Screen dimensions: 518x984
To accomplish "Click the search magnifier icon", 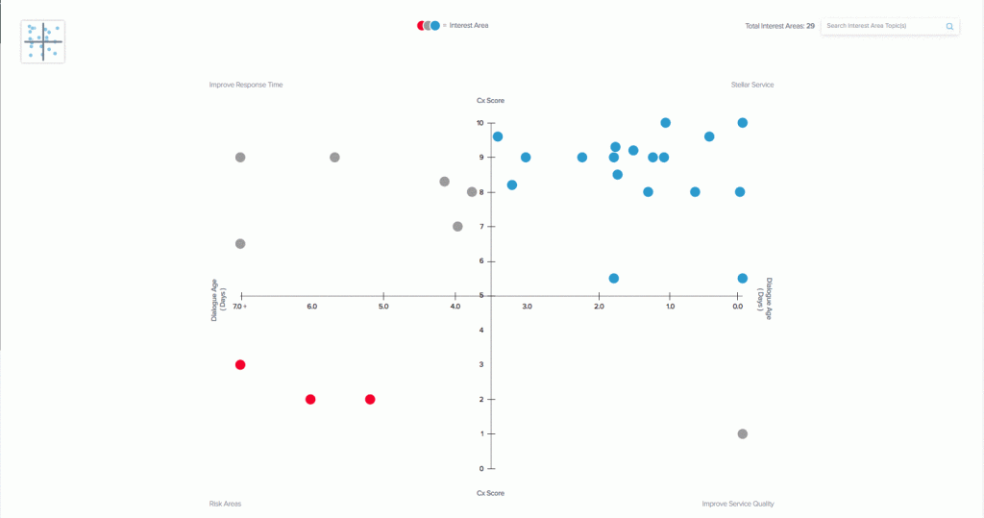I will pyautogui.click(x=949, y=26).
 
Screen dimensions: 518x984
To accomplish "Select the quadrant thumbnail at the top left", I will pyautogui.click(x=43, y=41).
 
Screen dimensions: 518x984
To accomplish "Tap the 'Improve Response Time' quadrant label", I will pyautogui.click(x=246, y=85).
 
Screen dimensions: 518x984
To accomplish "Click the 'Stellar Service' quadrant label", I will pyautogui.click(x=752, y=85).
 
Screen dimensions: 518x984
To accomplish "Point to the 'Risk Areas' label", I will pyautogui.click(x=225, y=504).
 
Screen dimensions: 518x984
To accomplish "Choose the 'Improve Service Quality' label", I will pyautogui.click(x=738, y=504).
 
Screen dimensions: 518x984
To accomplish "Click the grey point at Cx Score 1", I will pyautogui.click(x=743, y=433).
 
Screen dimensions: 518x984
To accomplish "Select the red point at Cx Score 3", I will pyautogui.click(x=240, y=364).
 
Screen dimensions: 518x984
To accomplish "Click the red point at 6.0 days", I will pyautogui.click(x=310, y=399).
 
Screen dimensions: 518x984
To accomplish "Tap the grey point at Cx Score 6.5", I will pyautogui.click(x=240, y=243).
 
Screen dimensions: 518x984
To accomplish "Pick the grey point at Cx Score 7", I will pyautogui.click(x=457, y=227).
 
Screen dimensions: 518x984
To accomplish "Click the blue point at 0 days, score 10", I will pyautogui.click(x=743, y=123).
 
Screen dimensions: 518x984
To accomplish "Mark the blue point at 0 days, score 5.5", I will pyautogui.click(x=743, y=278).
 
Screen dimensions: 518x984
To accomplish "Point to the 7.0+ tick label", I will pyautogui.click(x=240, y=307).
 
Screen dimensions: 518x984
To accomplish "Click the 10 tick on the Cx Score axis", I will pyautogui.click(x=480, y=123).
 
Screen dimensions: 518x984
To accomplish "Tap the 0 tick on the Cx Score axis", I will pyautogui.click(x=480, y=469).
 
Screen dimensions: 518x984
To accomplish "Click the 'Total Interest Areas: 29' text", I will pyautogui.click(x=779, y=26).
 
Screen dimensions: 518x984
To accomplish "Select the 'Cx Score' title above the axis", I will pyautogui.click(x=490, y=100).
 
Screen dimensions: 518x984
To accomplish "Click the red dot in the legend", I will pyautogui.click(x=421, y=26).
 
